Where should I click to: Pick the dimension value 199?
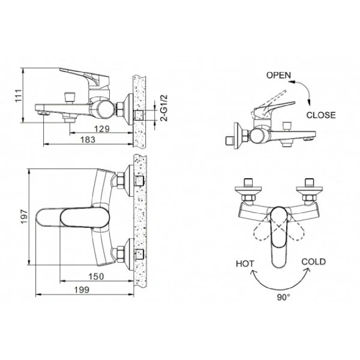click(83, 290)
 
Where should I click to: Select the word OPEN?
click(278, 76)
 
